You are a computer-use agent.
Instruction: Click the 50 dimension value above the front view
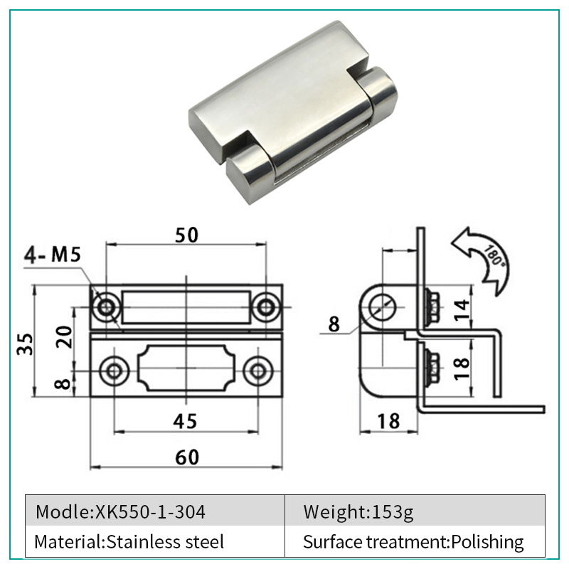click(x=186, y=235)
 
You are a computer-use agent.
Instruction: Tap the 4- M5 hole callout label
click(x=52, y=255)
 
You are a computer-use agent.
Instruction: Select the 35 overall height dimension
click(x=26, y=344)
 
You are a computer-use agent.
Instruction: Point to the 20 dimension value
click(x=64, y=336)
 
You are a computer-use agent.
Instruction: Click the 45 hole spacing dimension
click(x=185, y=421)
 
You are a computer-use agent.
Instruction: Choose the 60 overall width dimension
click(x=187, y=457)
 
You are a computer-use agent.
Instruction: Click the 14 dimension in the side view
click(x=462, y=311)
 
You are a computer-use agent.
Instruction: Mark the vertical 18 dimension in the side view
click(x=462, y=368)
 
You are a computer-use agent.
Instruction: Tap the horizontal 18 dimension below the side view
click(x=388, y=421)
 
